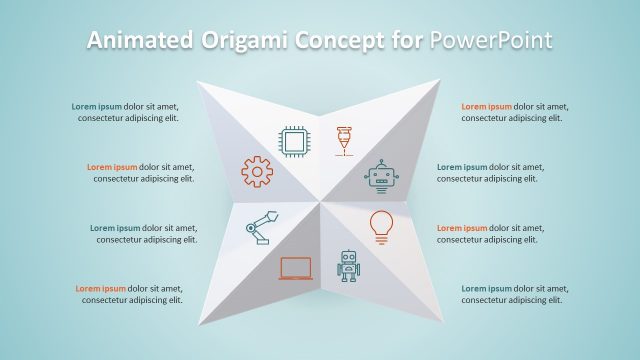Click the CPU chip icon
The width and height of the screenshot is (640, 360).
click(294, 143)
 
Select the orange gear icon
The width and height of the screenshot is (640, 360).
click(257, 172)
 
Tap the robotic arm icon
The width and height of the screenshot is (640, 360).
click(258, 227)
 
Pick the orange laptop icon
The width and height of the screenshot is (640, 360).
click(296, 267)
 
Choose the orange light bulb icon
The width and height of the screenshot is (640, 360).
click(380, 225)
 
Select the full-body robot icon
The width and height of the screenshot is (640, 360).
click(348, 265)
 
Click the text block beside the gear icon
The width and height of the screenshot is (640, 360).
click(140, 173)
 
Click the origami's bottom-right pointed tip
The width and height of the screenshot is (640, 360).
click(440, 328)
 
